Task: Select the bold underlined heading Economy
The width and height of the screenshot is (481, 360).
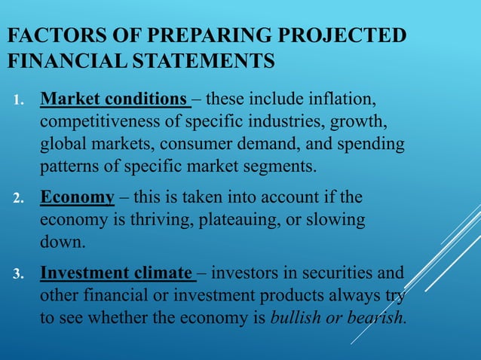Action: pos(77,197)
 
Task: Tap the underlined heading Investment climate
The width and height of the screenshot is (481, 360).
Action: pos(118,272)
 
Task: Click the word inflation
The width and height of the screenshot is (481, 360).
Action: pos(350,99)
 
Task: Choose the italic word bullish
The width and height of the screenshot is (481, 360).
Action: pos(294,316)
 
